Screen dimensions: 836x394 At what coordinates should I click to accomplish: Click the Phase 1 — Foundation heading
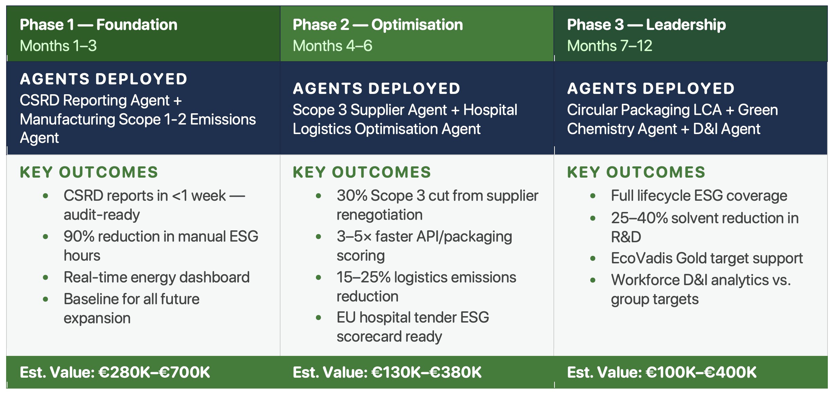pyautogui.click(x=99, y=25)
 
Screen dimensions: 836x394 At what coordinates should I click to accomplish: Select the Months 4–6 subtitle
pyautogui.click(x=333, y=46)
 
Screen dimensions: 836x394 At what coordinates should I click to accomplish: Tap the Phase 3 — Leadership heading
pyautogui.click(x=646, y=25)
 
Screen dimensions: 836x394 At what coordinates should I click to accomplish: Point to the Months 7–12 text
pyautogui.click(x=610, y=46)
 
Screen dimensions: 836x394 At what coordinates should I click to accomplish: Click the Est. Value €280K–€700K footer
pyautogui.click(x=115, y=372)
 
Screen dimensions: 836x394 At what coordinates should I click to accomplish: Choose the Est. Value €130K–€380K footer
pyautogui.click(x=387, y=372)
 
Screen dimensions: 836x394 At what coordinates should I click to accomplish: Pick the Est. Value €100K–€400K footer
pyautogui.click(x=662, y=372)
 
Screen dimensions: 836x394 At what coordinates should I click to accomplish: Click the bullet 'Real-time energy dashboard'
pyautogui.click(x=157, y=277)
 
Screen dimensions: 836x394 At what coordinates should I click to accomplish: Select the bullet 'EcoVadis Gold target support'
pyautogui.click(x=707, y=258)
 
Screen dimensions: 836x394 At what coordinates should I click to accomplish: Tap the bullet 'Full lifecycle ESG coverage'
pyautogui.click(x=699, y=196)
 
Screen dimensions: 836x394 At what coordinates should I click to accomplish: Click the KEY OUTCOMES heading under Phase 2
pyautogui.click(x=362, y=172)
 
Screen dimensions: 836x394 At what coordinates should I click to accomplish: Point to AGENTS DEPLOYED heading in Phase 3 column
pyautogui.click(x=651, y=88)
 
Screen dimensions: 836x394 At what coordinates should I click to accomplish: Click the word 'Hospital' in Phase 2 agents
pyautogui.click(x=490, y=110)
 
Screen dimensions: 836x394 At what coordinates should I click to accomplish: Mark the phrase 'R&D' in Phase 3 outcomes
pyautogui.click(x=626, y=237)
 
